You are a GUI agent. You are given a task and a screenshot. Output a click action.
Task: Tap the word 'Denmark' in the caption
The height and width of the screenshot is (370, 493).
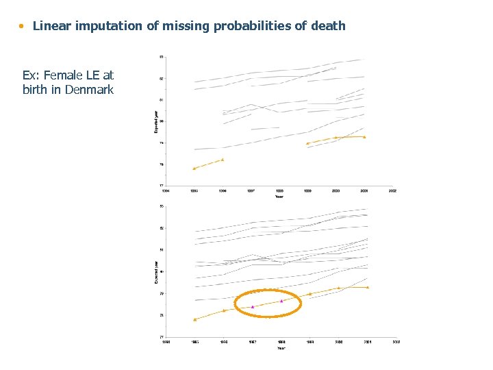(89, 90)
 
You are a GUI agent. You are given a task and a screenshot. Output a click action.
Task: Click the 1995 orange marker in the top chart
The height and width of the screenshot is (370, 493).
(194, 168)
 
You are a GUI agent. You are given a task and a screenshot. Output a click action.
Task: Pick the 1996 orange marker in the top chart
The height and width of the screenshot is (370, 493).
(223, 160)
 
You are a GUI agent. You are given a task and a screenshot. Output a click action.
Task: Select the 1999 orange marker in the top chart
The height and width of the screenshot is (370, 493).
(307, 143)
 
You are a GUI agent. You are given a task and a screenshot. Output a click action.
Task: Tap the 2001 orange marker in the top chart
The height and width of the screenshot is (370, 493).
(364, 137)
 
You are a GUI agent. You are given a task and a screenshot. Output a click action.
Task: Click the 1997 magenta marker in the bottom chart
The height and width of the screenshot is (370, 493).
(253, 306)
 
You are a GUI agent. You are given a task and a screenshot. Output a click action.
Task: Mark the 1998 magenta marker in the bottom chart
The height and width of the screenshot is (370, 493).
(281, 300)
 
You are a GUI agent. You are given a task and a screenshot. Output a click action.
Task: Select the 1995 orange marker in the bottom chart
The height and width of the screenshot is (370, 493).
(194, 319)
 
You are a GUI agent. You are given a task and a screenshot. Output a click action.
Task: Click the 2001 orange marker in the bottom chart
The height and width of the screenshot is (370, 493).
(368, 287)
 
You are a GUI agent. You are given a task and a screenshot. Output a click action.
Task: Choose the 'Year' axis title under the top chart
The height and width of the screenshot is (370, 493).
(279, 197)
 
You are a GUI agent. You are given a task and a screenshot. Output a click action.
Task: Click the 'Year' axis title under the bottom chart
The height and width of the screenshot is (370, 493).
(281, 348)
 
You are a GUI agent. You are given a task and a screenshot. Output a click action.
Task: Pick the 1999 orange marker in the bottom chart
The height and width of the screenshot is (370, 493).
(310, 293)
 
